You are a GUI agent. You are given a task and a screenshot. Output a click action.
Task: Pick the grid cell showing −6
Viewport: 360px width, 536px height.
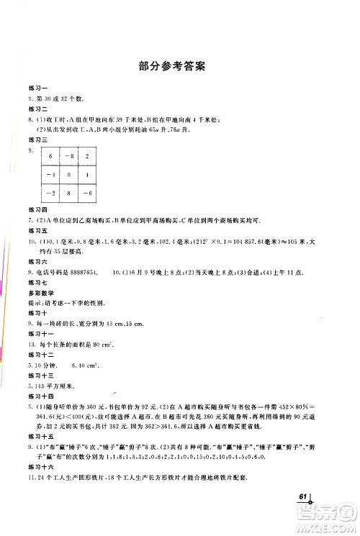pyautogui.click(x=88, y=194)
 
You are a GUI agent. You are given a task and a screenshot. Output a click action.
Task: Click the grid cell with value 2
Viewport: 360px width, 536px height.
pyautogui.click(x=88, y=157)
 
